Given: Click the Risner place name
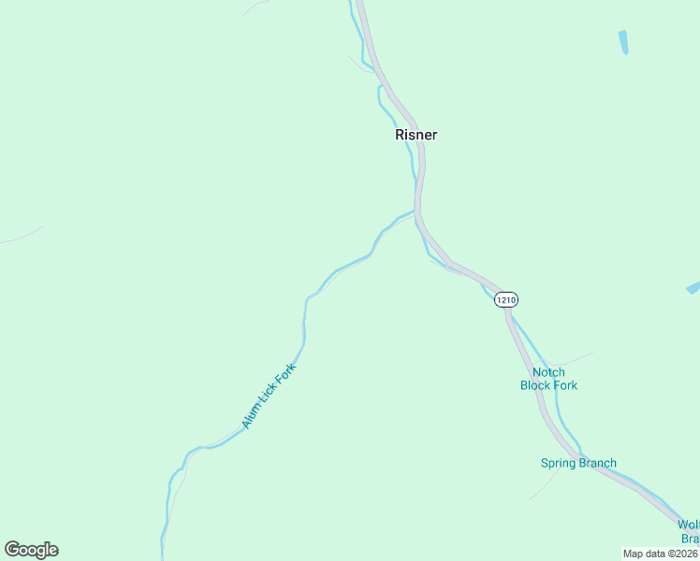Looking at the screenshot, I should pos(416,135).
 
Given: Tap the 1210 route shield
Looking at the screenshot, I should pos(505,300).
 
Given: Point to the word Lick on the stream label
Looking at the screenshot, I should pos(267,397).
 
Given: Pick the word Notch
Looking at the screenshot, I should pos(548,372).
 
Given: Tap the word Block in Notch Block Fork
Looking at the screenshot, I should pos(536,385).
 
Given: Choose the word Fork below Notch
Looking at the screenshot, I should pos(565,385).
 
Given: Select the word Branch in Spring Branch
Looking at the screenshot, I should pos(598,463).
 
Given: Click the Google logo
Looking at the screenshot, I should pos(31,550).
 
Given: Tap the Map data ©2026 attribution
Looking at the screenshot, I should pos(660,554).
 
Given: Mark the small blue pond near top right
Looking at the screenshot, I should pos(623,42).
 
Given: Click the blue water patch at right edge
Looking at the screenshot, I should pos(693,288).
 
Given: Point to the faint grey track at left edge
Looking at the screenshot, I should pos(21,236).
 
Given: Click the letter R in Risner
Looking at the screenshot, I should pos(400,135).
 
